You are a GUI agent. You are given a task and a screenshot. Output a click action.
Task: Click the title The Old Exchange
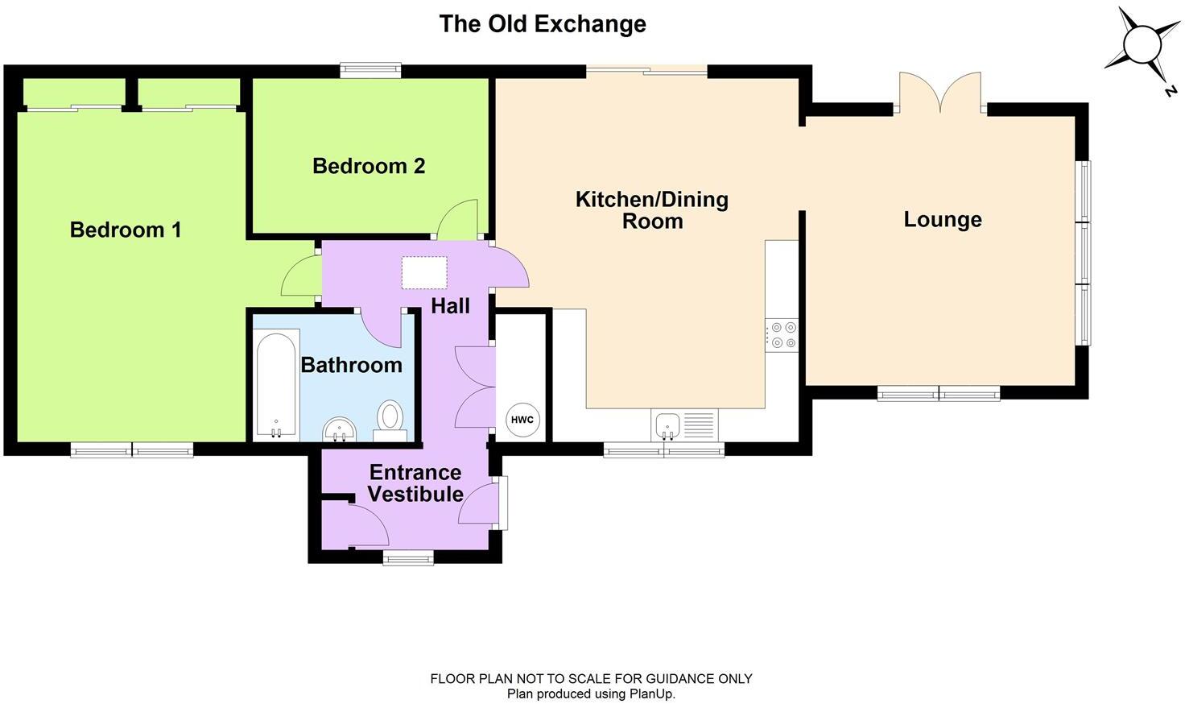542,23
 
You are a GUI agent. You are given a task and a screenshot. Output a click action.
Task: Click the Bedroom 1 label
126,230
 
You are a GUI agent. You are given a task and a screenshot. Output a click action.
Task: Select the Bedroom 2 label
369,166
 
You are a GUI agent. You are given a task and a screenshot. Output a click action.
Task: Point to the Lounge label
942,219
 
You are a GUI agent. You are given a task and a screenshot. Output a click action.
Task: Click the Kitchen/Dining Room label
651,210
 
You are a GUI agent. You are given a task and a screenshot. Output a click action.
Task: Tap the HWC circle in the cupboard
522,420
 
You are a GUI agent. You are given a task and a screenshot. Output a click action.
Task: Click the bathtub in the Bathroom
277,385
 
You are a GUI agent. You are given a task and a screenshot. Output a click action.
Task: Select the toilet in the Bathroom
390,420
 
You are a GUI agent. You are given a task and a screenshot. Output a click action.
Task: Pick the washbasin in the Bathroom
339,429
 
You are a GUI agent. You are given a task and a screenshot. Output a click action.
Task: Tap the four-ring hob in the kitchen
782,335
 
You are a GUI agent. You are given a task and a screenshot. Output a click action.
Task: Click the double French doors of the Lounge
939,93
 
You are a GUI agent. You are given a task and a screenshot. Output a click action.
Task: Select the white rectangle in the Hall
424,272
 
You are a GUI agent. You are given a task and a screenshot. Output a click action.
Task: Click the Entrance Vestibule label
415,482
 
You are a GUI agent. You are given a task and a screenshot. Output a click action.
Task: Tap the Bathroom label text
351,365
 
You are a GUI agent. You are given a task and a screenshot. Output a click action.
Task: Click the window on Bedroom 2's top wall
370,71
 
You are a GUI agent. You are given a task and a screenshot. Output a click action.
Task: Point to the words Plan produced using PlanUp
591,694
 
